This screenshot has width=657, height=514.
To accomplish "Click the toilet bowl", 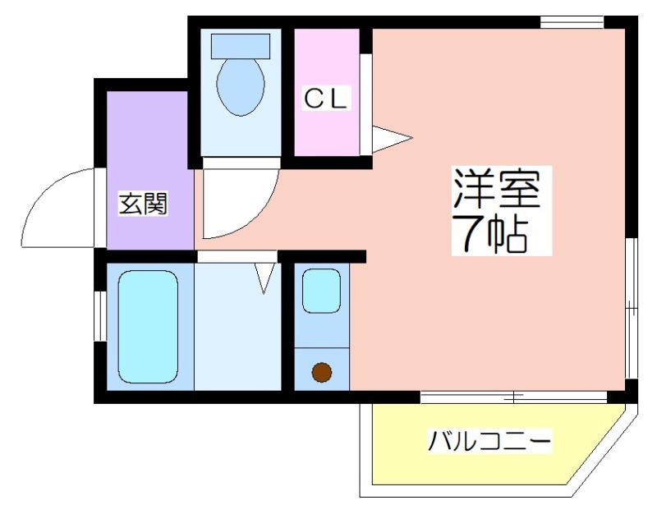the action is (x=241, y=87).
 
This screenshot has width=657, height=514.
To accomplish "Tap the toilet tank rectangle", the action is (x=241, y=47).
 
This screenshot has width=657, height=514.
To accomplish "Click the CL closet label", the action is (x=325, y=99).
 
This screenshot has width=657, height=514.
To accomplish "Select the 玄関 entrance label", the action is (x=143, y=204).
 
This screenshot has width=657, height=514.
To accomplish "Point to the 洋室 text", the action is (x=497, y=188).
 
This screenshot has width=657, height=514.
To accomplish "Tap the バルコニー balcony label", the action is (x=489, y=440).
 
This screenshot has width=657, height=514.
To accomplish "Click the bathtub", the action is (x=148, y=326).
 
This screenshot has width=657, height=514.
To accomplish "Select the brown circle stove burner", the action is (x=322, y=372).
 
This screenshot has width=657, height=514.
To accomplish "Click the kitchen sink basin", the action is (x=321, y=291).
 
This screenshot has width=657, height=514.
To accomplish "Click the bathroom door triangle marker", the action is (x=264, y=278).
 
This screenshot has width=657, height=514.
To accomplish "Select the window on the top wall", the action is (x=572, y=22).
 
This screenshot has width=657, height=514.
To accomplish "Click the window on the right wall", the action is (x=632, y=308).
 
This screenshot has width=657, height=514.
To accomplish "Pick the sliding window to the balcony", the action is (x=514, y=397).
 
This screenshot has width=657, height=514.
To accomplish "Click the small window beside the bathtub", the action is (x=100, y=316).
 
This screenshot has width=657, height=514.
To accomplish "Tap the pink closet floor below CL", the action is (x=326, y=134).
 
